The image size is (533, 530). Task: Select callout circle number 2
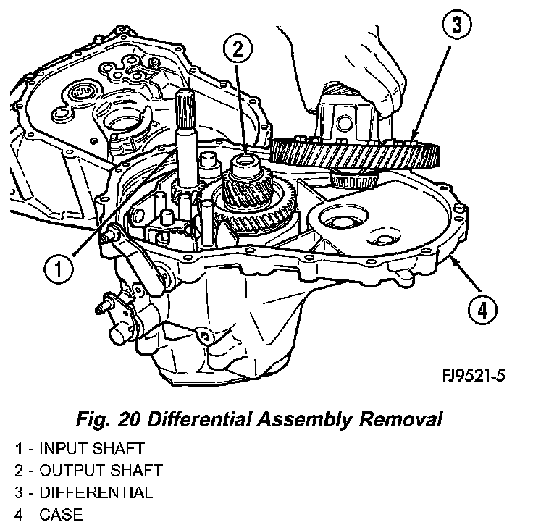tap(240, 50)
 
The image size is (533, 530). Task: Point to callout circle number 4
tap(482, 311)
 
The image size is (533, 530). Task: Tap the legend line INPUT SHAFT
tap(80, 448)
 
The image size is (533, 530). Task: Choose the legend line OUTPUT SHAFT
tap(88, 471)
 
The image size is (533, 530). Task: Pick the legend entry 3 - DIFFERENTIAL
tap(83, 493)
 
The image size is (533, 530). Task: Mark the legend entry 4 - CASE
tap(49, 516)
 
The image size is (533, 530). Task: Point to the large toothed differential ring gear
tap(355, 153)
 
